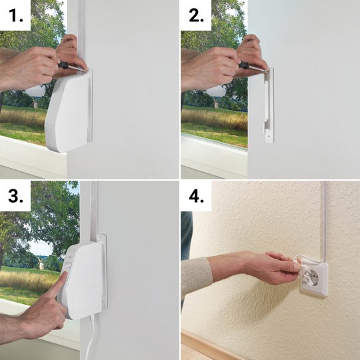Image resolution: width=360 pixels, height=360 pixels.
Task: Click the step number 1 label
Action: point(16,16)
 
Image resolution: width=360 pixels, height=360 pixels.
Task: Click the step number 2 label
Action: point(196,16)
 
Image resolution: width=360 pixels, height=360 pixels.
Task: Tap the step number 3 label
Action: point(15,196)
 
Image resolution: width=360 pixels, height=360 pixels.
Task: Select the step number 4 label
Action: point(196,196)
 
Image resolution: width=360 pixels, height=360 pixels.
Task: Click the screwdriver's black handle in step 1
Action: point(64,65)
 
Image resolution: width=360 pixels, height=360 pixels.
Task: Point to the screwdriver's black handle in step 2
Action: point(244,65)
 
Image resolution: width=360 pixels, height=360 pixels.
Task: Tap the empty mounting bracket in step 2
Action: point(269,105)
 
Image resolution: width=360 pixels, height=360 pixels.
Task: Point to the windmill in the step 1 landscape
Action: point(35,103)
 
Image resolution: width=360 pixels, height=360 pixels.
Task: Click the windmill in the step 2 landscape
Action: point(216,103)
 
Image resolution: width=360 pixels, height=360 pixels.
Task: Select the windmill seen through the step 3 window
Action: point(41,263)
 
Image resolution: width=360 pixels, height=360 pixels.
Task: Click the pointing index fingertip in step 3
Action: point(65,274)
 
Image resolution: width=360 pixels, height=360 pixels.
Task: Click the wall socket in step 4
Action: point(314,280)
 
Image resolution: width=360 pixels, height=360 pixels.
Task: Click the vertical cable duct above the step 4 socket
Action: point(324,223)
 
